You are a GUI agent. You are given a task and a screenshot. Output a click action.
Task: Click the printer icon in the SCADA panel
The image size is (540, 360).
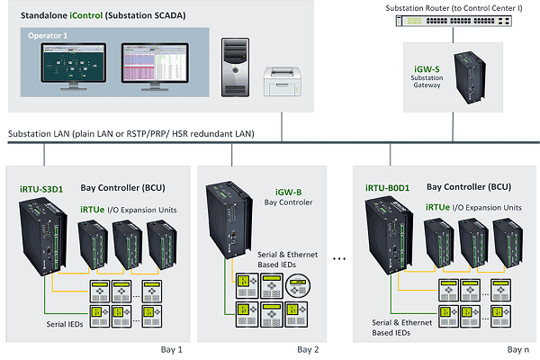(282, 84)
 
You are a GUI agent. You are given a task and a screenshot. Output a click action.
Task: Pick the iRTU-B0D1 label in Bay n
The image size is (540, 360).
(388, 188)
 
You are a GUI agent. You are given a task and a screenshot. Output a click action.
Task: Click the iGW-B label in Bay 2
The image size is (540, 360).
(289, 191)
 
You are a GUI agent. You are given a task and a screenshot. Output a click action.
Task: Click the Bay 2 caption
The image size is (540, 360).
(310, 348)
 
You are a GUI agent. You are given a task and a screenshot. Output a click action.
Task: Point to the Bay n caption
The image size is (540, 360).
(517, 348)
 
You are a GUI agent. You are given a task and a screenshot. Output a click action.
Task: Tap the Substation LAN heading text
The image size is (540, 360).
(130, 134)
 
